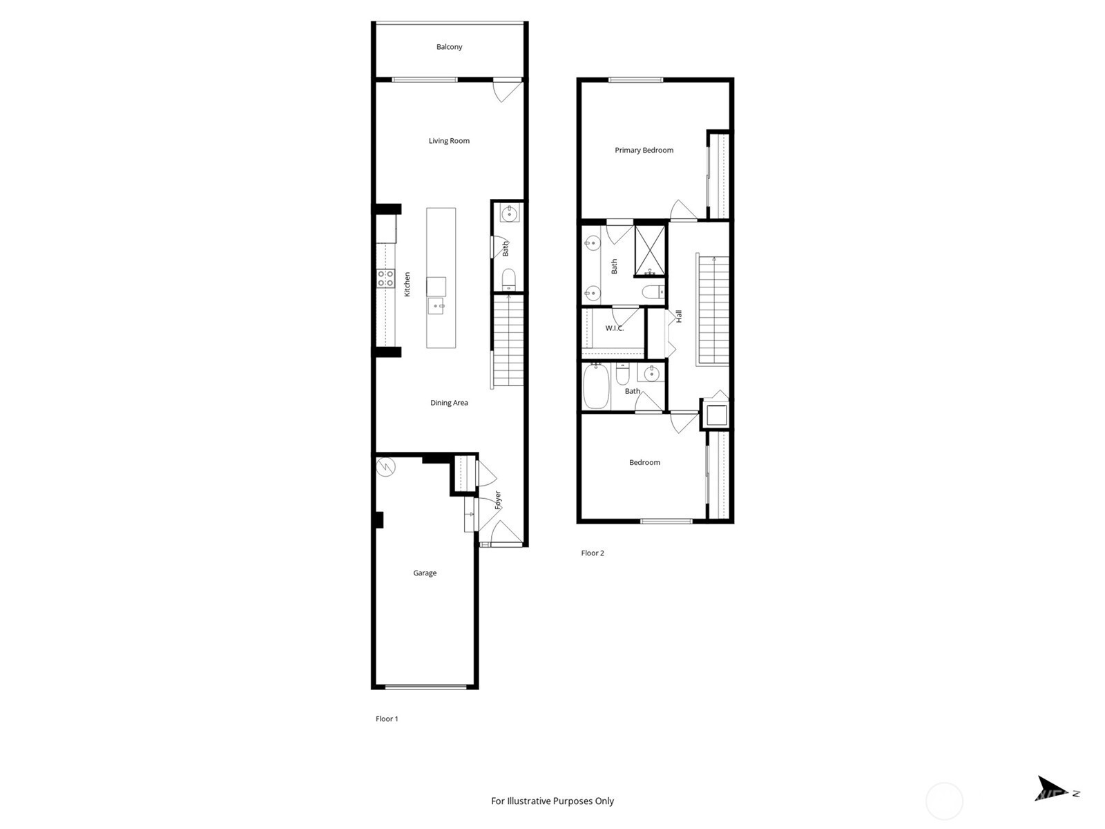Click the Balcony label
click(449, 47)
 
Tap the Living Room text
click(449, 141)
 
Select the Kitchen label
click(407, 285)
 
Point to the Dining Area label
click(449, 403)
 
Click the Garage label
click(425, 573)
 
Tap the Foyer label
click(498, 500)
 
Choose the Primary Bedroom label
click(644, 150)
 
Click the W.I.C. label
click(614, 328)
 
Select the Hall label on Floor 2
click(679, 316)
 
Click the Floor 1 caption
click(387, 718)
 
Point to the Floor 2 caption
click(593, 553)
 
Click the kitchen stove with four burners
click(386, 279)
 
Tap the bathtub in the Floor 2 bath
click(596, 386)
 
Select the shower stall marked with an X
click(650, 251)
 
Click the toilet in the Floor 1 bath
click(509, 279)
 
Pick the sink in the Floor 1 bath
click(510, 213)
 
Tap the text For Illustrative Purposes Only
click(552, 801)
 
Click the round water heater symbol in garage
click(386, 466)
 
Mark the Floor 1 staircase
click(508, 341)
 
